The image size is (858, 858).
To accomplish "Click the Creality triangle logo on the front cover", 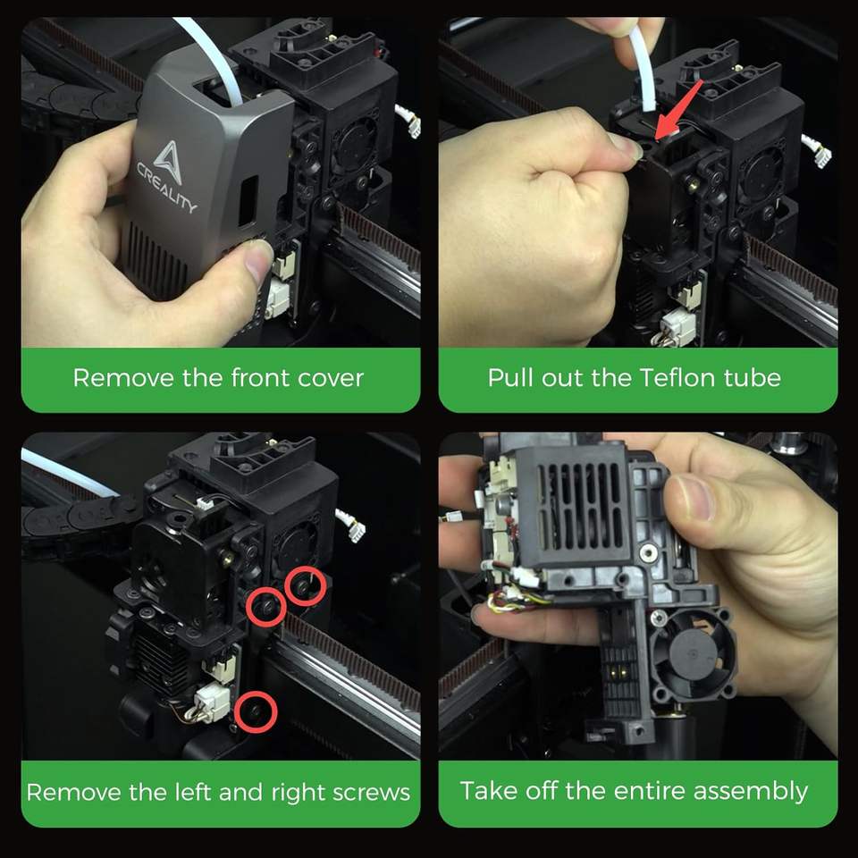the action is [168, 162].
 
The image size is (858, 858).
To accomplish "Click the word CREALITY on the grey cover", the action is [166, 188].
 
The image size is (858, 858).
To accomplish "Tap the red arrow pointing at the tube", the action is [678, 109].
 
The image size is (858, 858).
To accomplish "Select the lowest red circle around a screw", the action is [256, 712].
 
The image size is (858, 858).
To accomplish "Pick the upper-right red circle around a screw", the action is [306, 586].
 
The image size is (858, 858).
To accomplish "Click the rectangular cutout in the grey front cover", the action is [249, 200].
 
